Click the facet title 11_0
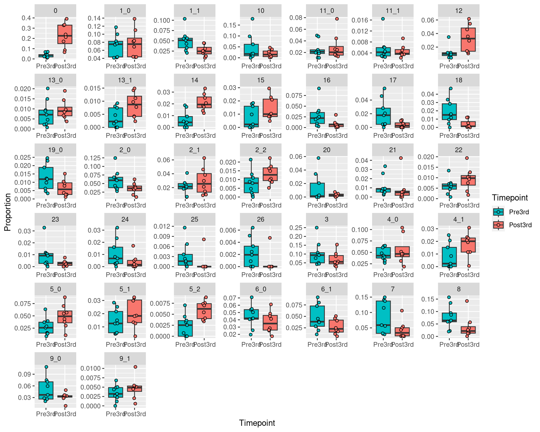[327, 11]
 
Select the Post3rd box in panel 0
[65, 34]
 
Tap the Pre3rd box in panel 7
[383, 317]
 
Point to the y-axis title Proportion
[8, 212]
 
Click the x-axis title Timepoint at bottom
[257, 423]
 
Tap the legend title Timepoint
[510, 198]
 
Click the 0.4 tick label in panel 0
[26, 18]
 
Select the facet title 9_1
[125, 359]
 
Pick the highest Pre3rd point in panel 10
[252, 19]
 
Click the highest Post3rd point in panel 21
[401, 158]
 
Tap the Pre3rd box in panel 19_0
[46, 178]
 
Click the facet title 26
[260, 219]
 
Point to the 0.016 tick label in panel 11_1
[360, 20]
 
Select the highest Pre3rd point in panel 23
[44, 228]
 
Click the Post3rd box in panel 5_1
[134, 311]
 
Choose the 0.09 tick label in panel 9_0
[24, 374]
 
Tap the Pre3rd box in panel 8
[449, 317]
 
